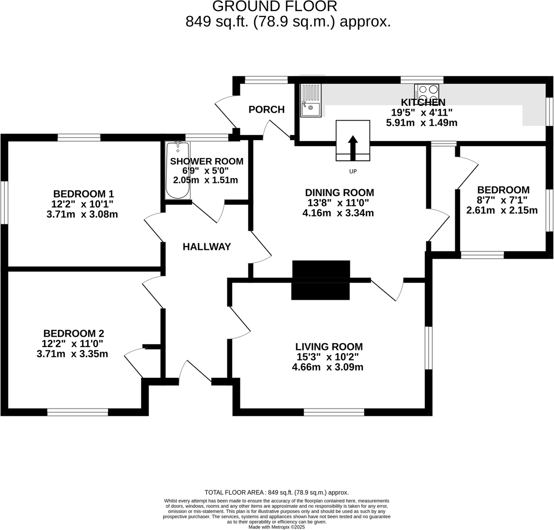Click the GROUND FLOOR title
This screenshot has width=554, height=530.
(275, 6)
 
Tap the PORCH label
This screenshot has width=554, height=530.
(266, 110)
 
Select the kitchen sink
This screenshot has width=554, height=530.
(311, 100)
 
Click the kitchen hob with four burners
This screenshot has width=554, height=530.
(427, 93)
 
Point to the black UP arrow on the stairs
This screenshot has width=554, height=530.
(353, 147)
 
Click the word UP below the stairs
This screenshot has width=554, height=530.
(353, 172)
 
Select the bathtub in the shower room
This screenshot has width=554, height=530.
(178, 171)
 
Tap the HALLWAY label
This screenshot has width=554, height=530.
(206, 247)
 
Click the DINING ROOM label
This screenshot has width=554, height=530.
(339, 192)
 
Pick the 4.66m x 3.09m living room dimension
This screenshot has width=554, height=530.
(328, 367)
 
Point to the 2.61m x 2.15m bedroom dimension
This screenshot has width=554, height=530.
(502, 210)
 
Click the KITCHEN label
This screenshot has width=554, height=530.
(423, 102)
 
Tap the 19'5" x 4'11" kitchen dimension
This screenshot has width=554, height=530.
(422, 112)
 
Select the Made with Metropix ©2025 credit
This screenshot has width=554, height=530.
(276, 527)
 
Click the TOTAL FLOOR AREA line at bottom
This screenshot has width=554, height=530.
(276, 493)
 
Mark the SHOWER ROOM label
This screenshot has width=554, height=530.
(206, 161)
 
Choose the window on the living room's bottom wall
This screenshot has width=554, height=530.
(334, 412)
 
